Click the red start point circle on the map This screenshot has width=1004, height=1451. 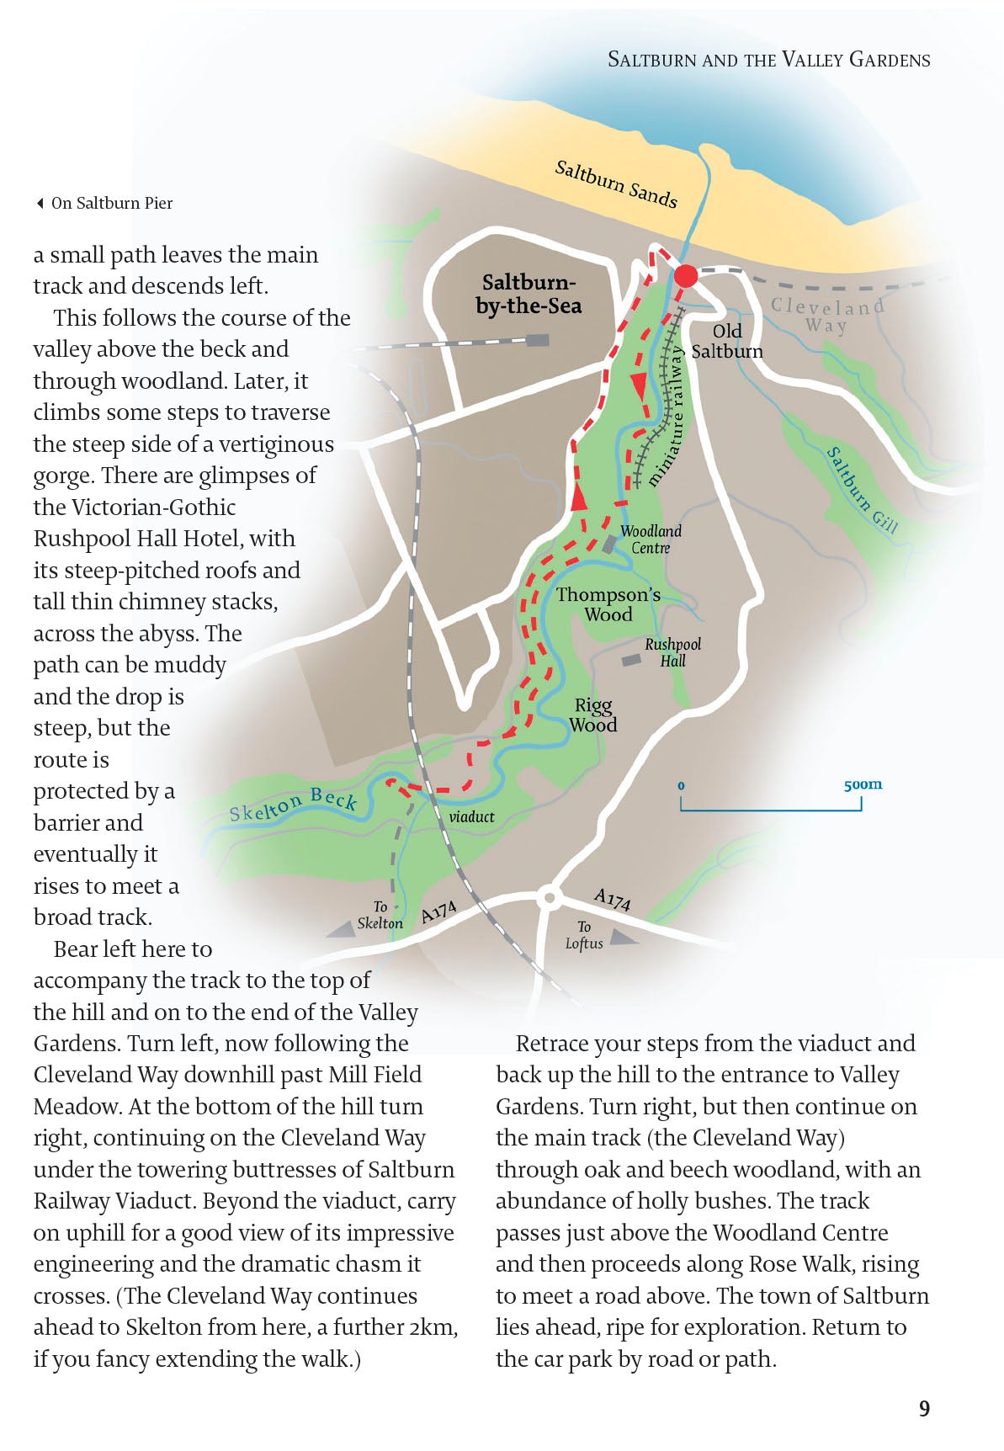click(x=686, y=276)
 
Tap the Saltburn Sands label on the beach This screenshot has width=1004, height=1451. click(x=616, y=183)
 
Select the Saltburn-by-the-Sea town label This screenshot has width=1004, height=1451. click(x=529, y=294)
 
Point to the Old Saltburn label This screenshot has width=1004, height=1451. click(x=727, y=341)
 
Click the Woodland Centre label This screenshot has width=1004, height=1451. click(x=651, y=539)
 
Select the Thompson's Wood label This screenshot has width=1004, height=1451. click(x=608, y=604)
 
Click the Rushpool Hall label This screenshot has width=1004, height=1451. click(x=672, y=652)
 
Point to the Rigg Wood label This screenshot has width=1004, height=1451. click(x=593, y=715)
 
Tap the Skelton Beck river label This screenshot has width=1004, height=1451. click(x=293, y=804)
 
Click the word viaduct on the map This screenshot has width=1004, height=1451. click(x=471, y=816)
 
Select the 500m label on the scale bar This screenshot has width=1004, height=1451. click(x=863, y=784)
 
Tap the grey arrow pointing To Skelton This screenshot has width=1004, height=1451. click(x=341, y=928)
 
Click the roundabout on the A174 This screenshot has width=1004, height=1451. click(x=550, y=897)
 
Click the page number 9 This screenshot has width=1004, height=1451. click(x=924, y=1409)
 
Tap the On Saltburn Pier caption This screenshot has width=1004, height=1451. click(x=111, y=203)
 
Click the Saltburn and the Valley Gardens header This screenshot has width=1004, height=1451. click(x=768, y=60)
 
